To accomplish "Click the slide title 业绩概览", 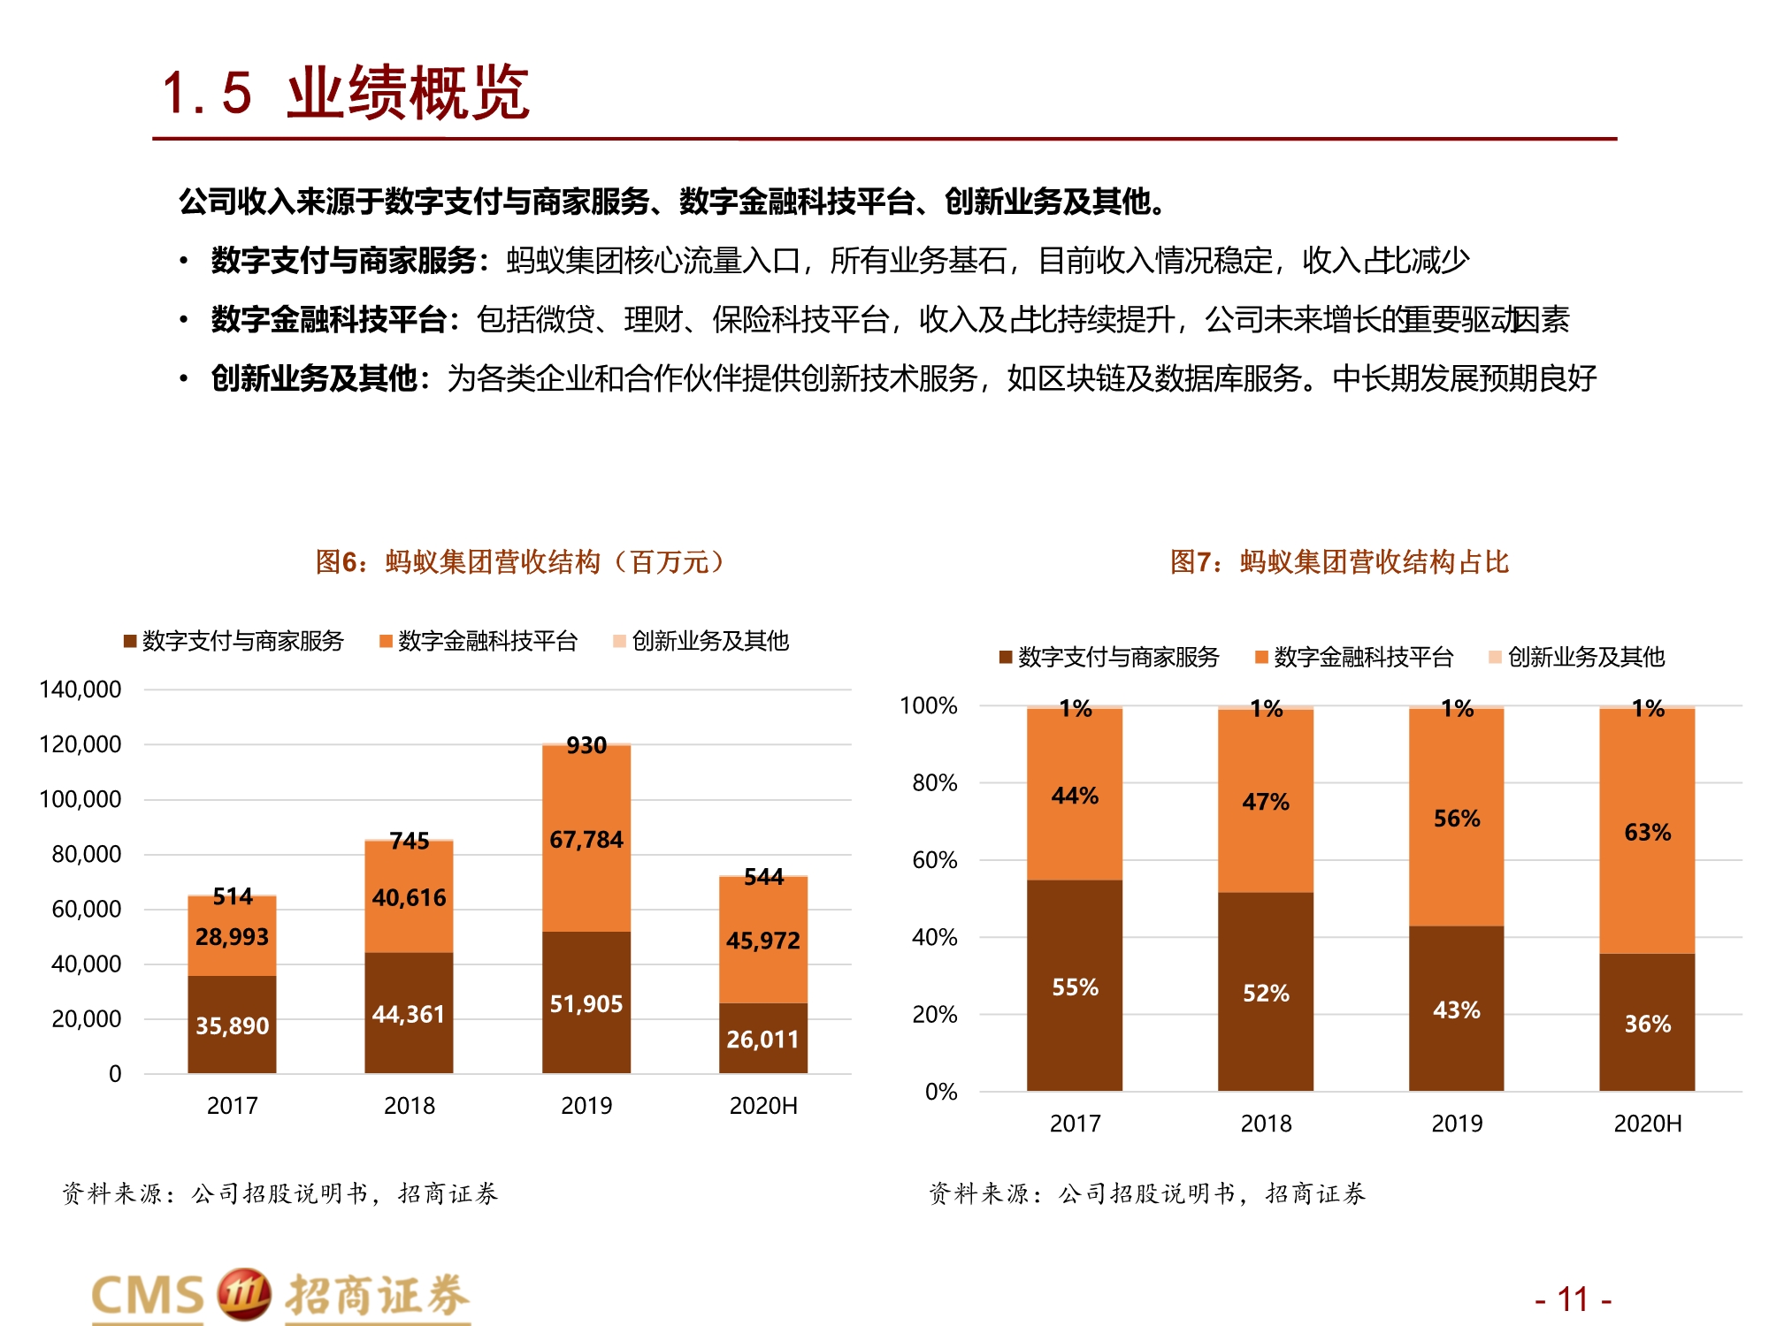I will (408, 93).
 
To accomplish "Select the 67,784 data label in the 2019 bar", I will (586, 839).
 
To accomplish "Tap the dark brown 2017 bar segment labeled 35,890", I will (232, 1025).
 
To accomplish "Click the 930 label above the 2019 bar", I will (586, 745).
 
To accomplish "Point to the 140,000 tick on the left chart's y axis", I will (80, 690).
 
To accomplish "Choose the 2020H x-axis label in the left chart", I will (762, 1106).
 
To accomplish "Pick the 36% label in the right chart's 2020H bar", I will (1647, 1024).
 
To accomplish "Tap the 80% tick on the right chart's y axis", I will (935, 782).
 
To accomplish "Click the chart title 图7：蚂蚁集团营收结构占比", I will (1339, 562).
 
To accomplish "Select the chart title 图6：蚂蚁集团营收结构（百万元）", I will (520, 562).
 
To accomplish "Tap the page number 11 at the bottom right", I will (1573, 1299).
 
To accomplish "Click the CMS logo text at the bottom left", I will (149, 1296).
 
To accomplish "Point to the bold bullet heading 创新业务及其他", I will (313, 378).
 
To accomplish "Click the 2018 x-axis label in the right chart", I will (1266, 1124).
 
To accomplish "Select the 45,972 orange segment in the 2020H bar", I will (762, 940).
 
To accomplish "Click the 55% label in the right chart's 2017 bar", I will (1075, 987).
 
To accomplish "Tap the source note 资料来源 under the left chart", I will (280, 1193).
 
